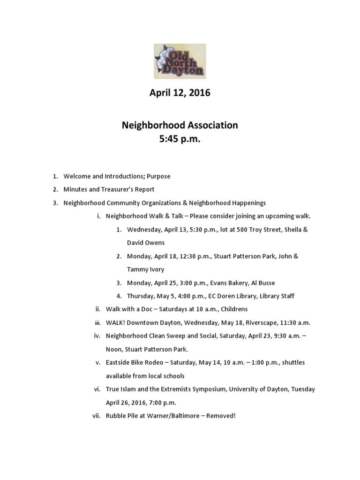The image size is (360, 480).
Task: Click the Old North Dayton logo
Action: [180, 61]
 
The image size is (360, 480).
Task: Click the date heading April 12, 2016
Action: [180, 93]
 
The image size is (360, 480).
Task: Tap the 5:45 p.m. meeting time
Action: [180, 139]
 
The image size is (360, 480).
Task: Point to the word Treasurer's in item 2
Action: [117, 189]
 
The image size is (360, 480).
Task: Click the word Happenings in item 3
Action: [243, 203]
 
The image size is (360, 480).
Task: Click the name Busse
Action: [265, 283]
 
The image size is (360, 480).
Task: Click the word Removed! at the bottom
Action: [220, 416]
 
